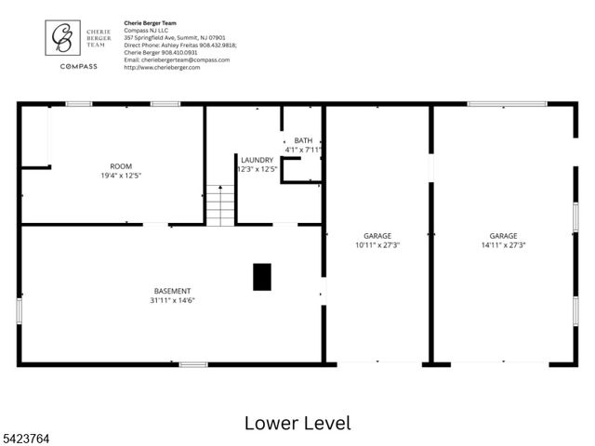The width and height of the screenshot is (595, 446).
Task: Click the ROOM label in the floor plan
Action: tap(121, 166)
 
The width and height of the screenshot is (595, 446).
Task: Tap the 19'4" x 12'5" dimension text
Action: tap(121, 176)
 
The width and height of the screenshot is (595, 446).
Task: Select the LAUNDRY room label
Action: tap(257, 160)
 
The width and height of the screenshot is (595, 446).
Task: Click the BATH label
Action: tap(304, 140)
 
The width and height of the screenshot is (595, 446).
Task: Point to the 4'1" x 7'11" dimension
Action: tap(303, 150)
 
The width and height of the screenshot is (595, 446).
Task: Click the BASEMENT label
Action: tap(172, 291)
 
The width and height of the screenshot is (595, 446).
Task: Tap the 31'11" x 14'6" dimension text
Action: tap(172, 300)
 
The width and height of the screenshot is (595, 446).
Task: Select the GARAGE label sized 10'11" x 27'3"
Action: tap(377, 236)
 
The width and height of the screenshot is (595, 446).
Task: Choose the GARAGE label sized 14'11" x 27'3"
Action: tap(503, 236)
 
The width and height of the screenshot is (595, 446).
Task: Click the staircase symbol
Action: tap(220, 205)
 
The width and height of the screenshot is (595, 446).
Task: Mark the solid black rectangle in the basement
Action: tap(262, 276)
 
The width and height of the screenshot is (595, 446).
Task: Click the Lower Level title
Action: tap(297, 423)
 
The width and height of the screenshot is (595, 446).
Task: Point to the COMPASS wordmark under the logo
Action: tap(79, 66)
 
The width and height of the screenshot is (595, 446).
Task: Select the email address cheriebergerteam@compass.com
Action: tap(177, 59)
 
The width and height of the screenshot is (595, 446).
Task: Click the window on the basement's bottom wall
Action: tap(193, 364)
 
